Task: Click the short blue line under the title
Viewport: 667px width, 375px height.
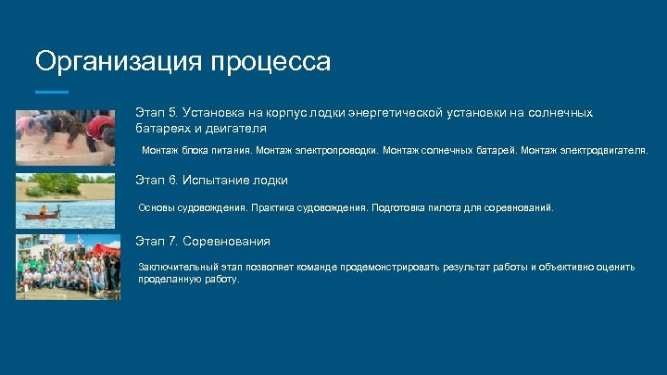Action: [51, 92]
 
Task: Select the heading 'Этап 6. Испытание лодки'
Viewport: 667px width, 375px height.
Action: [211, 180]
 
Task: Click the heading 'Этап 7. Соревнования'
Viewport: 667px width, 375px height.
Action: [203, 241]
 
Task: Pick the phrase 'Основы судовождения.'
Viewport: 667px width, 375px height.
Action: [192, 208]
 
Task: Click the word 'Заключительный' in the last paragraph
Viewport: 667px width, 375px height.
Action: [178, 267]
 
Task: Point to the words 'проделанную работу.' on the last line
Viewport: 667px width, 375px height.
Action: [188, 279]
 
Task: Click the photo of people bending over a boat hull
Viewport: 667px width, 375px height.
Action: [67, 137]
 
